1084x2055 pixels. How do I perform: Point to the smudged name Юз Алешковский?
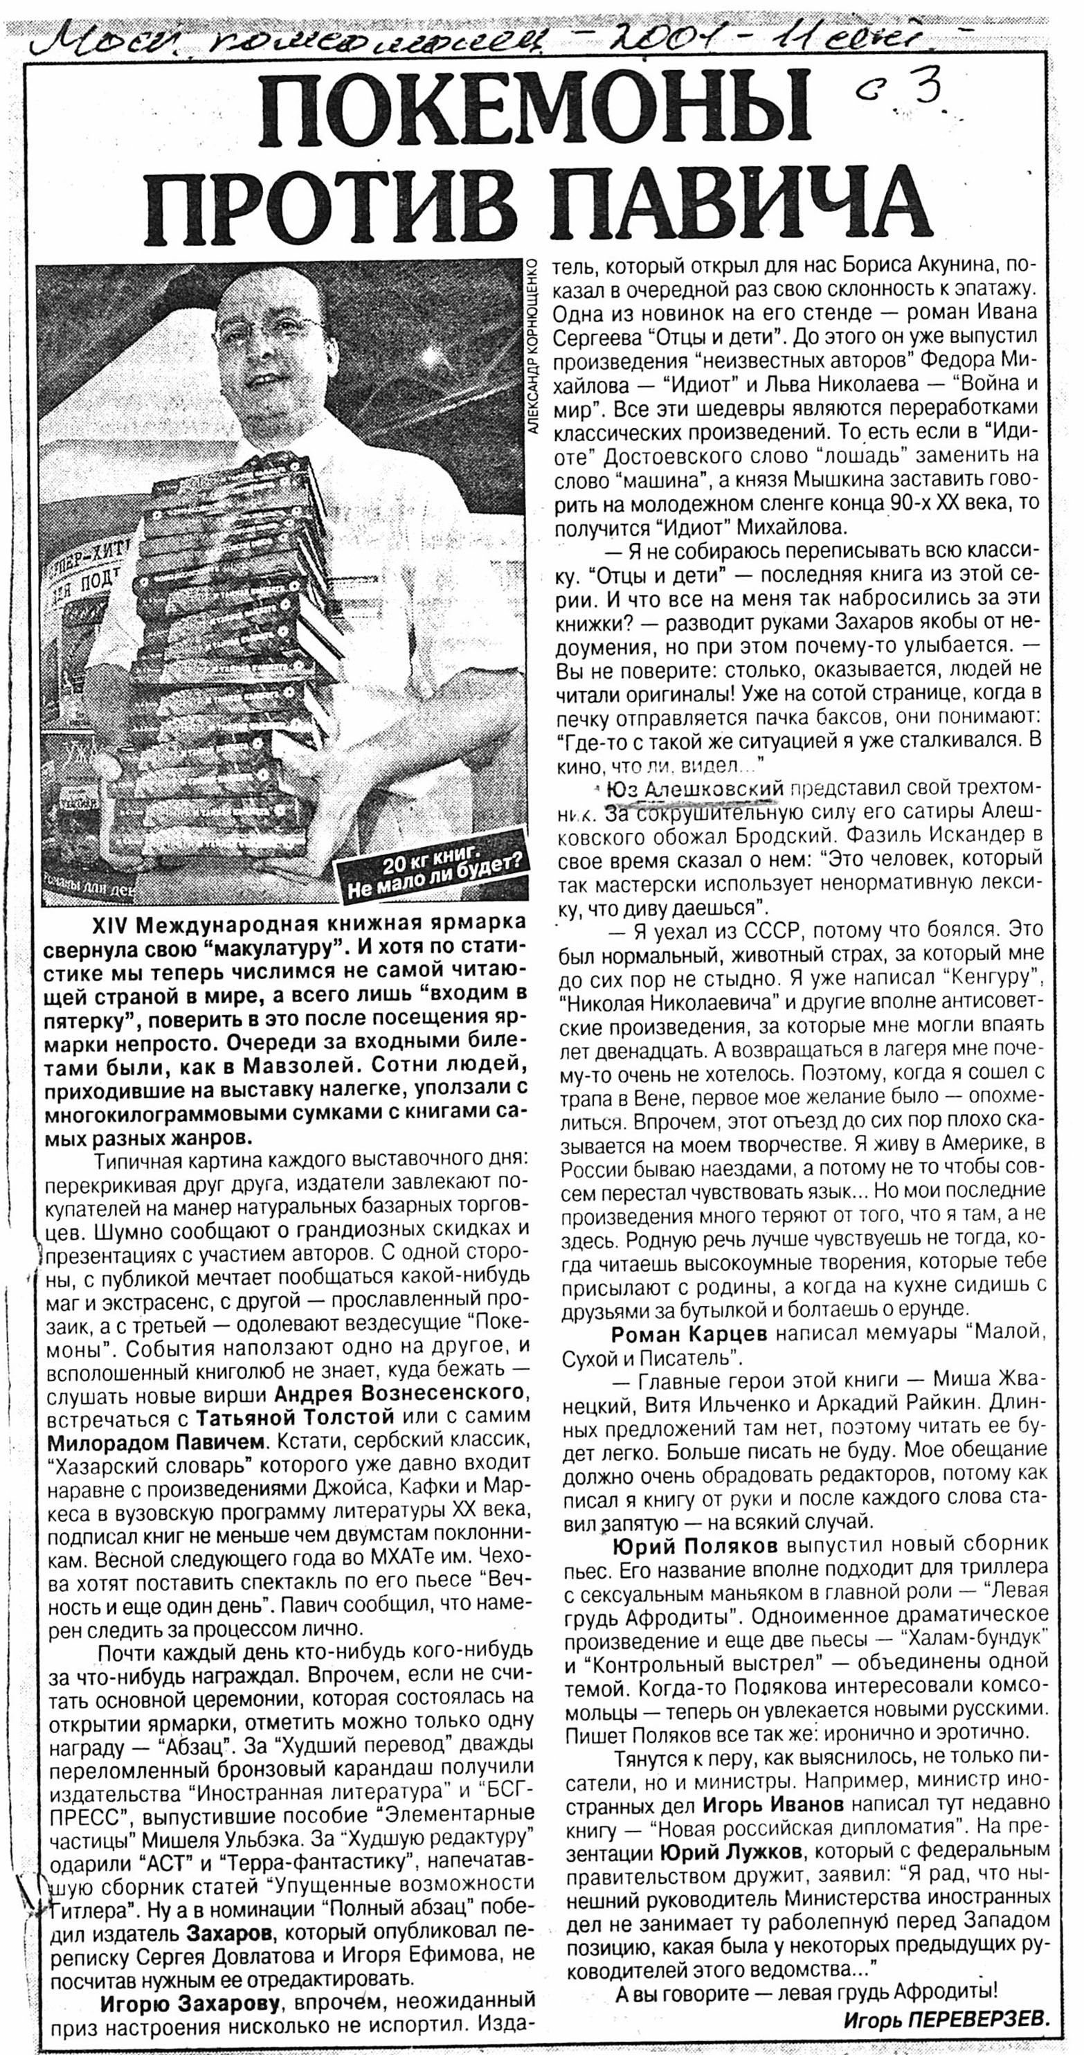click(692, 790)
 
